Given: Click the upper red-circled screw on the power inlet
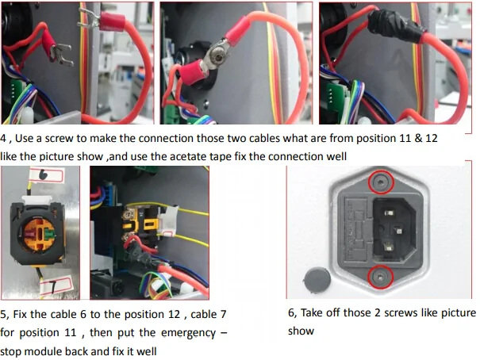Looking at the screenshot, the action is click(381, 182).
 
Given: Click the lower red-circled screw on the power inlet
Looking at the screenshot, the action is click(380, 277).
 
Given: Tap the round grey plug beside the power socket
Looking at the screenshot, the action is click(317, 279).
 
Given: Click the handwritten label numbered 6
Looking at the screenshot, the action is click(47, 175).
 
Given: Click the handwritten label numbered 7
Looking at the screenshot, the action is click(56, 285).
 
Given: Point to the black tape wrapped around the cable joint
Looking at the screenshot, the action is click(396, 25).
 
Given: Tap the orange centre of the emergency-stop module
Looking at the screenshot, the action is click(39, 234).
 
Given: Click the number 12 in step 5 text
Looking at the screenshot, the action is click(175, 315).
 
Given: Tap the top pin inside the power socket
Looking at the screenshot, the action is click(389, 213).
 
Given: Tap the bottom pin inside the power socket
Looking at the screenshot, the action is click(389, 247).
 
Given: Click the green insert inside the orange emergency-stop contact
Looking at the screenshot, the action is click(49, 235).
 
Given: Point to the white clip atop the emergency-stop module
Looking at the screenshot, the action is click(36, 201).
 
